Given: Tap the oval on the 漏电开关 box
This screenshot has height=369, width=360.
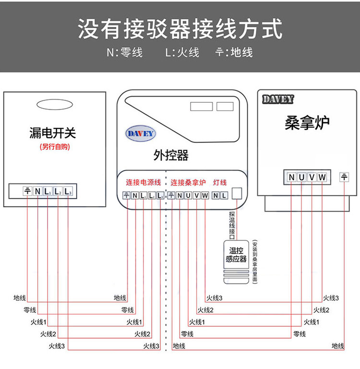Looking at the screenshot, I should coord(54,104).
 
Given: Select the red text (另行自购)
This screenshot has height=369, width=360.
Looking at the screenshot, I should coord(55,147).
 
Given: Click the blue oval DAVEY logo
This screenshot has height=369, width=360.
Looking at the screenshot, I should coord(140,133).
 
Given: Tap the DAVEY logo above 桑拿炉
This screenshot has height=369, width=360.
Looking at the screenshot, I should coord(278,99).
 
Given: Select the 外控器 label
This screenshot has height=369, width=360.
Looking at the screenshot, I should coord(171,155).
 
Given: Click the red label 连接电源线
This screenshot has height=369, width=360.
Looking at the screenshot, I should coord(144,183).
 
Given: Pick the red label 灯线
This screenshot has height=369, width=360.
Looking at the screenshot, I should coord(219,183).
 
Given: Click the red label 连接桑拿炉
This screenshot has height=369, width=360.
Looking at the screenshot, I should coord(188,183).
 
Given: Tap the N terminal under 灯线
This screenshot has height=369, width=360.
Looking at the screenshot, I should coord(216,196).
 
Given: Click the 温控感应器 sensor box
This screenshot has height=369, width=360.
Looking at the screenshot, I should coord(236,255).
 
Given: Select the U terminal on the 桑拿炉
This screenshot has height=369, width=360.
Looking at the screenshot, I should coord(301,177).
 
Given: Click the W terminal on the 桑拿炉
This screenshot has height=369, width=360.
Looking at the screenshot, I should coord(322,177).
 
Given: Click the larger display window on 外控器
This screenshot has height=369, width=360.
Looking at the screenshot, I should coord(201,106).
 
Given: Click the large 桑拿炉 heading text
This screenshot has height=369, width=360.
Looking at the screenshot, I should coord(307,123).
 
